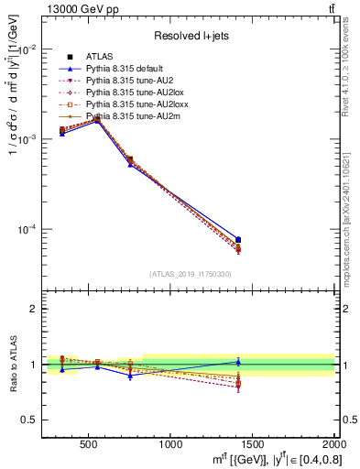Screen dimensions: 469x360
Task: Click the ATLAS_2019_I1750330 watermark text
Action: click(191, 274)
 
